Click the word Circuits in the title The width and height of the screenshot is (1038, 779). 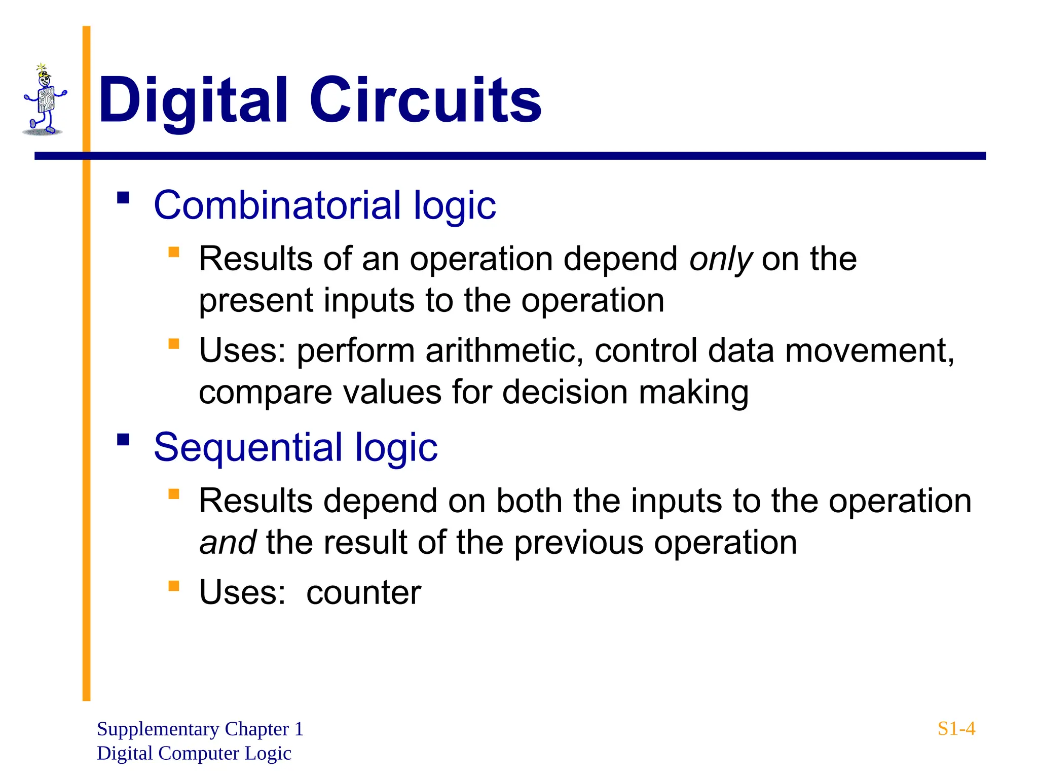pos(426,100)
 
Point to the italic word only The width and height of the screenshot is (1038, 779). pos(721,260)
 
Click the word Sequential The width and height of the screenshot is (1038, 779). pos(248,448)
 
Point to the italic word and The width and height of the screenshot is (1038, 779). pos(228,543)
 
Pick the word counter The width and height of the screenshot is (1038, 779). pos(363,592)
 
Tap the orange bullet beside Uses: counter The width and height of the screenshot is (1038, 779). pos(174,586)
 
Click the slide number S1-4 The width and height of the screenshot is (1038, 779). pos(956,729)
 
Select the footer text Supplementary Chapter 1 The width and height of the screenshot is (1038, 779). pos(200,729)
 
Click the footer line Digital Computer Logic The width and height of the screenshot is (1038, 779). pos(194,753)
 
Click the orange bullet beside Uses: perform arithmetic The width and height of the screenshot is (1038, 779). pos(174,344)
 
